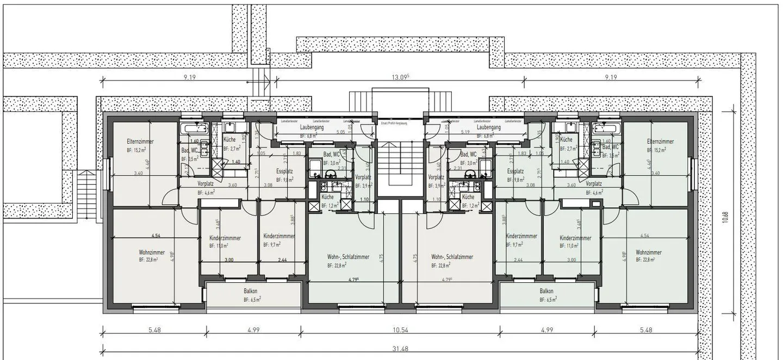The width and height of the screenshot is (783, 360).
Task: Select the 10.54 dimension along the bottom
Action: click(x=400, y=330)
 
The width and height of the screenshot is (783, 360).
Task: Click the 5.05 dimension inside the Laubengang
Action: click(x=341, y=132)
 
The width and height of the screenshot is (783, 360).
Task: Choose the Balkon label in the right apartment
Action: click(x=547, y=291)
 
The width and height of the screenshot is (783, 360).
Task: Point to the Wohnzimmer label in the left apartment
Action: click(x=152, y=252)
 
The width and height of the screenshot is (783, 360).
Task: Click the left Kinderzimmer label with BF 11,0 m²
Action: click(x=225, y=238)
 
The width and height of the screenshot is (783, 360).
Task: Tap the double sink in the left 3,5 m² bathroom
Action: click(x=205, y=148)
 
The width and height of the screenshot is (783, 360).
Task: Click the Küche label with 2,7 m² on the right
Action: click(x=566, y=140)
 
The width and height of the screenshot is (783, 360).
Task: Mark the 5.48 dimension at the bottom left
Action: click(x=153, y=330)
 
